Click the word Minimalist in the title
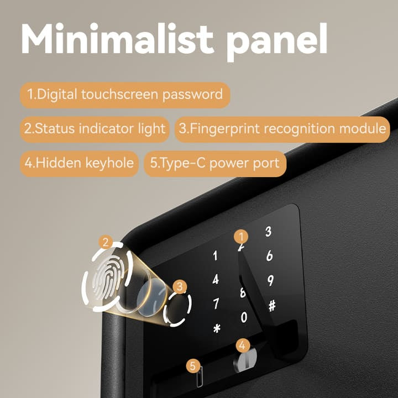click(x=117, y=39)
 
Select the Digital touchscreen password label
click(x=125, y=95)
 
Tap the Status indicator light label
click(x=95, y=129)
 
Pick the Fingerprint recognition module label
click(x=282, y=129)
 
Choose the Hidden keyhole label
click(x=79, y=164)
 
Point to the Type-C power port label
click(x=215, y=164)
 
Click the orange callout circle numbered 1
click(x=241, y=237)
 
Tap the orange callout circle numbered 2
click(x=106, y=242)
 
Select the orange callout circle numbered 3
click(x=180, y=286)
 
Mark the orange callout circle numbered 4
click(x=243, y=345)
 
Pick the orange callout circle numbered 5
click(x=193, y=366)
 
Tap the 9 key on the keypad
click(x=270, y=281)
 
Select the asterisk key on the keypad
click(x=217, y=329)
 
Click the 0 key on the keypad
click(x=244, y=317)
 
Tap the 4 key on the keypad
click(x=216, y=280)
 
